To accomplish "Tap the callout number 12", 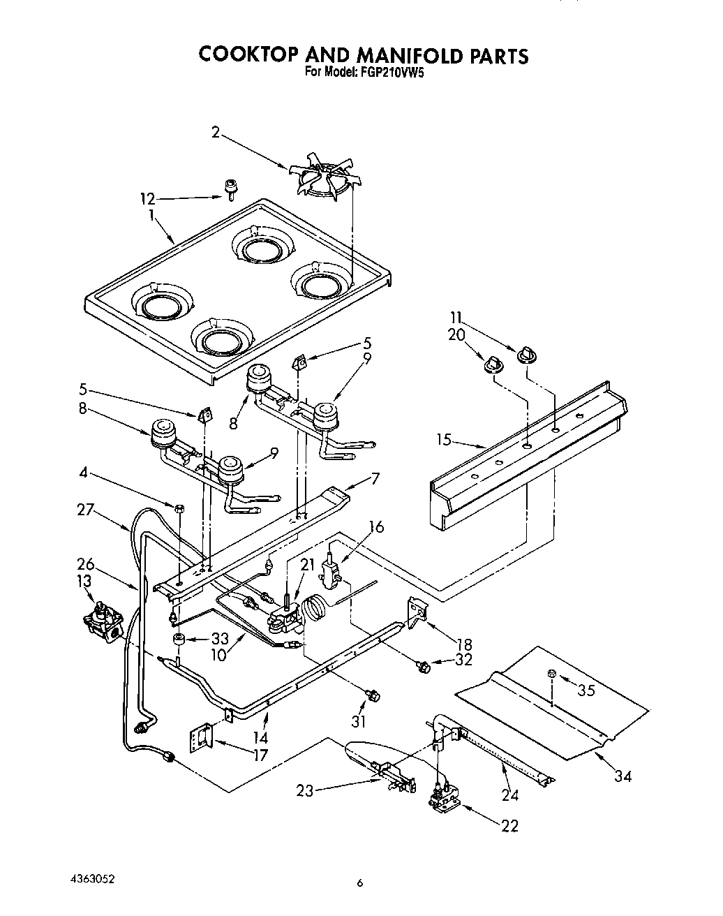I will [x=147, y=199].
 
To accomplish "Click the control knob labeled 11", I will [x=525, y=356].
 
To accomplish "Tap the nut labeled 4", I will [x=179, y=508].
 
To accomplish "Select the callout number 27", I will [x=85, y=510].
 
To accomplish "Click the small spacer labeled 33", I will [x=179, y=640].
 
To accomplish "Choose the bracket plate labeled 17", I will [x=200, y=739].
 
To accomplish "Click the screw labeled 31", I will [x=373, y=695].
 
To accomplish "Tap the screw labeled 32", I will [x=422, y=667].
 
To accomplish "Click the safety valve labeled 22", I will [x=442, y=799].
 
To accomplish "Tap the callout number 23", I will [x=304, y=790].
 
